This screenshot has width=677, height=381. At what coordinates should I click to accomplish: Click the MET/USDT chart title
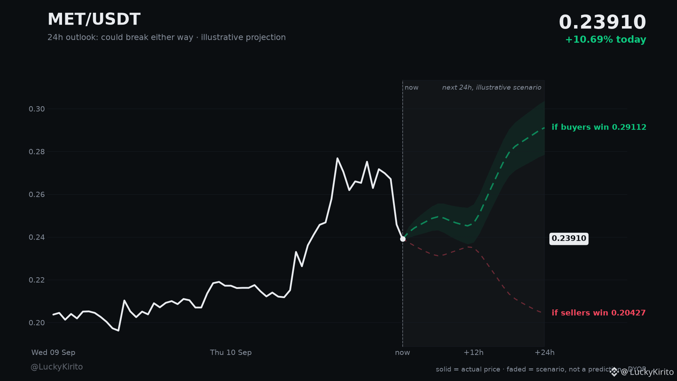[94, 19]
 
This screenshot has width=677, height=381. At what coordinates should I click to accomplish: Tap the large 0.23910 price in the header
[602, 22]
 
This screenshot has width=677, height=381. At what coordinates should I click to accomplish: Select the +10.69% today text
[605, 40]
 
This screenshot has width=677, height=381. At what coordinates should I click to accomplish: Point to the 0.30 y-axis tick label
[37, 109]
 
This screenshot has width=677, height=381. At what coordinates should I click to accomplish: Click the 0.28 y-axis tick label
[37, 152]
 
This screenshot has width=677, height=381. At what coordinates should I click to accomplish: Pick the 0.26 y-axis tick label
[37, 195]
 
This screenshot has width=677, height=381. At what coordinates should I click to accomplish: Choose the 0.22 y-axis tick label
[37, 280]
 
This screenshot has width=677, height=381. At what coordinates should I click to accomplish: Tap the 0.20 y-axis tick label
[37, 323]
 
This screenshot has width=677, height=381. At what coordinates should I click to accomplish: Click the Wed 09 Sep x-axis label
[53, 352]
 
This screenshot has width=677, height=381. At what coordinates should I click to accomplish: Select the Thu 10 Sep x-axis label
[231, 352]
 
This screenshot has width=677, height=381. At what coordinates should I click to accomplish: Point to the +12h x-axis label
[473, 352]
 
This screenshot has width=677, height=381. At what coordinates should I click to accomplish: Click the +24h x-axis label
[544, 352]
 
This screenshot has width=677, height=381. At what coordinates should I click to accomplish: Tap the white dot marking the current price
[403, 239]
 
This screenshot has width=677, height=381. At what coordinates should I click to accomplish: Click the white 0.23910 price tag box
[569, 239]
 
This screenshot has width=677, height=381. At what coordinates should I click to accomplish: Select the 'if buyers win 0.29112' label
[599, 127]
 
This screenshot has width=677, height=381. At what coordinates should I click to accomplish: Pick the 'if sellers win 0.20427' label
[598, 313]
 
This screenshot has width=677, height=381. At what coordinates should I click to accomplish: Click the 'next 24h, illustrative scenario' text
[492, 87]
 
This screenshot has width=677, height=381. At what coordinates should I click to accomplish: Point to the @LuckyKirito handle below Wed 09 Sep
[57, 367]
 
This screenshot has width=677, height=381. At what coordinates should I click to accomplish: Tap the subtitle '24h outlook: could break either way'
[120, 37]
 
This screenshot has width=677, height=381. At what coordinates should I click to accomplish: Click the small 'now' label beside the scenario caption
[411, 87]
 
